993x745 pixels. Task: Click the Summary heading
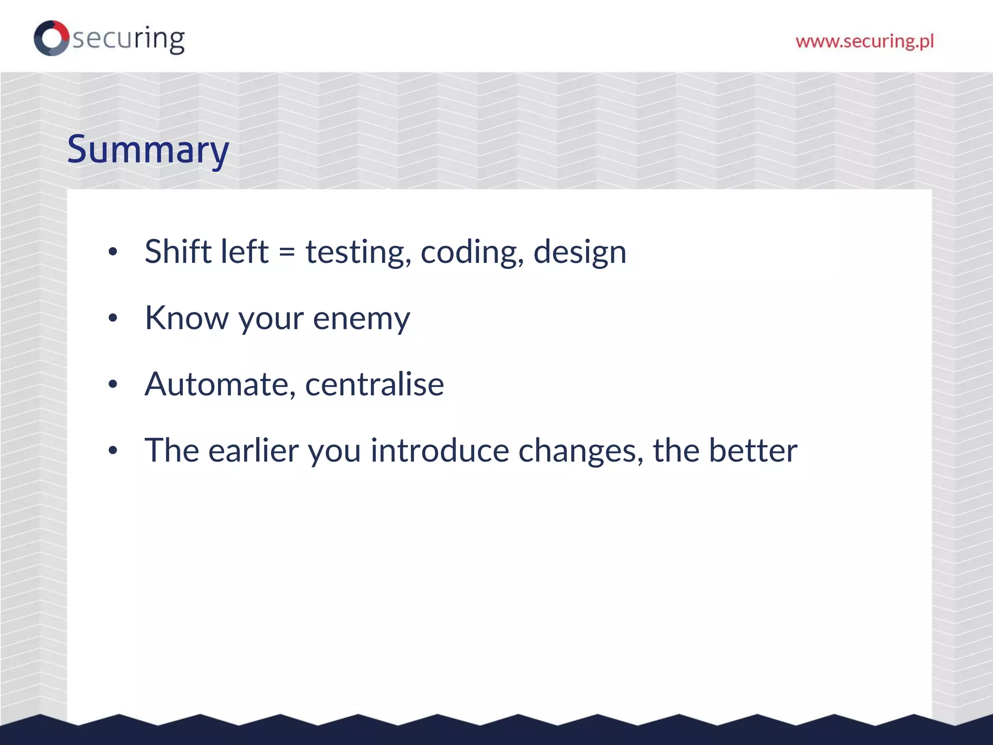coord(148,150)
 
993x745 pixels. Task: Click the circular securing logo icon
coord(51,38)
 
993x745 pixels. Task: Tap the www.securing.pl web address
coord(865,41)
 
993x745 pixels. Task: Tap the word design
coord(579,253)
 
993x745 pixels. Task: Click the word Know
coord(186,318)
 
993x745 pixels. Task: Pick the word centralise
coord(374,385)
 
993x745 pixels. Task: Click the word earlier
coord(254,451)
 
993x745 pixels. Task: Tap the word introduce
coord(440,451)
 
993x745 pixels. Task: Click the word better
coord(753,451)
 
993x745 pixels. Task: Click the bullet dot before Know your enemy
coord(113,319)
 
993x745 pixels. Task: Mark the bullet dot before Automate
coord(113,385)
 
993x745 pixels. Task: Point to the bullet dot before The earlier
coord(113,451)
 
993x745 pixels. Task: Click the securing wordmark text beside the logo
coord(128,39)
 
